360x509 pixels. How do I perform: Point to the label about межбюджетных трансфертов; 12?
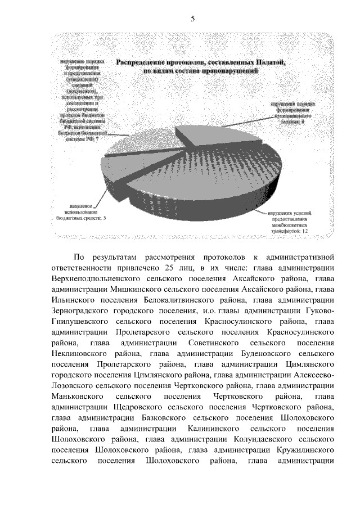point(287,222)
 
